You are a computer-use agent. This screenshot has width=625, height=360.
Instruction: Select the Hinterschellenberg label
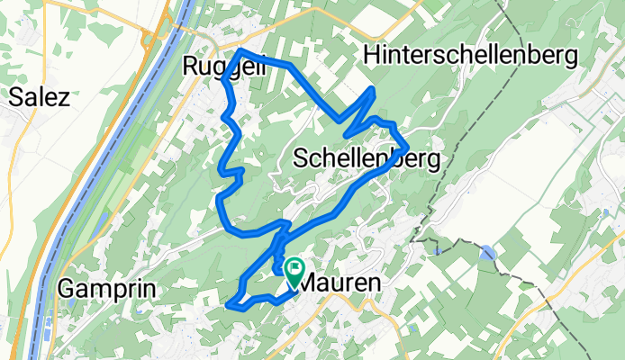(x=470, y=56)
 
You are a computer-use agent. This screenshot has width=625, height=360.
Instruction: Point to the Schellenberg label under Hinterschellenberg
(x=367, y=160)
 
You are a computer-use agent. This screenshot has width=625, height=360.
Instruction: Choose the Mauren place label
(x=339, y=283)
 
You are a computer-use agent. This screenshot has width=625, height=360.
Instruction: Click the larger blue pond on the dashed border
(x=487, y=254)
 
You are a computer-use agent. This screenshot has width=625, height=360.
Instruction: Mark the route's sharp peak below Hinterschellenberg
(x=373, y=89)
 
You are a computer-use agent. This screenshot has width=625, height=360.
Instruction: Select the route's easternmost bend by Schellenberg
(x=408, y=146)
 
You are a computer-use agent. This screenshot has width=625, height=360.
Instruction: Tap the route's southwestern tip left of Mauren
(x=233, y=304)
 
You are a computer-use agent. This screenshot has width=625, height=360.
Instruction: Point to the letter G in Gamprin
(x=67, y=289)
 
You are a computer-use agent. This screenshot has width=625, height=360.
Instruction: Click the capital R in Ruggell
(x=191, y=66)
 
